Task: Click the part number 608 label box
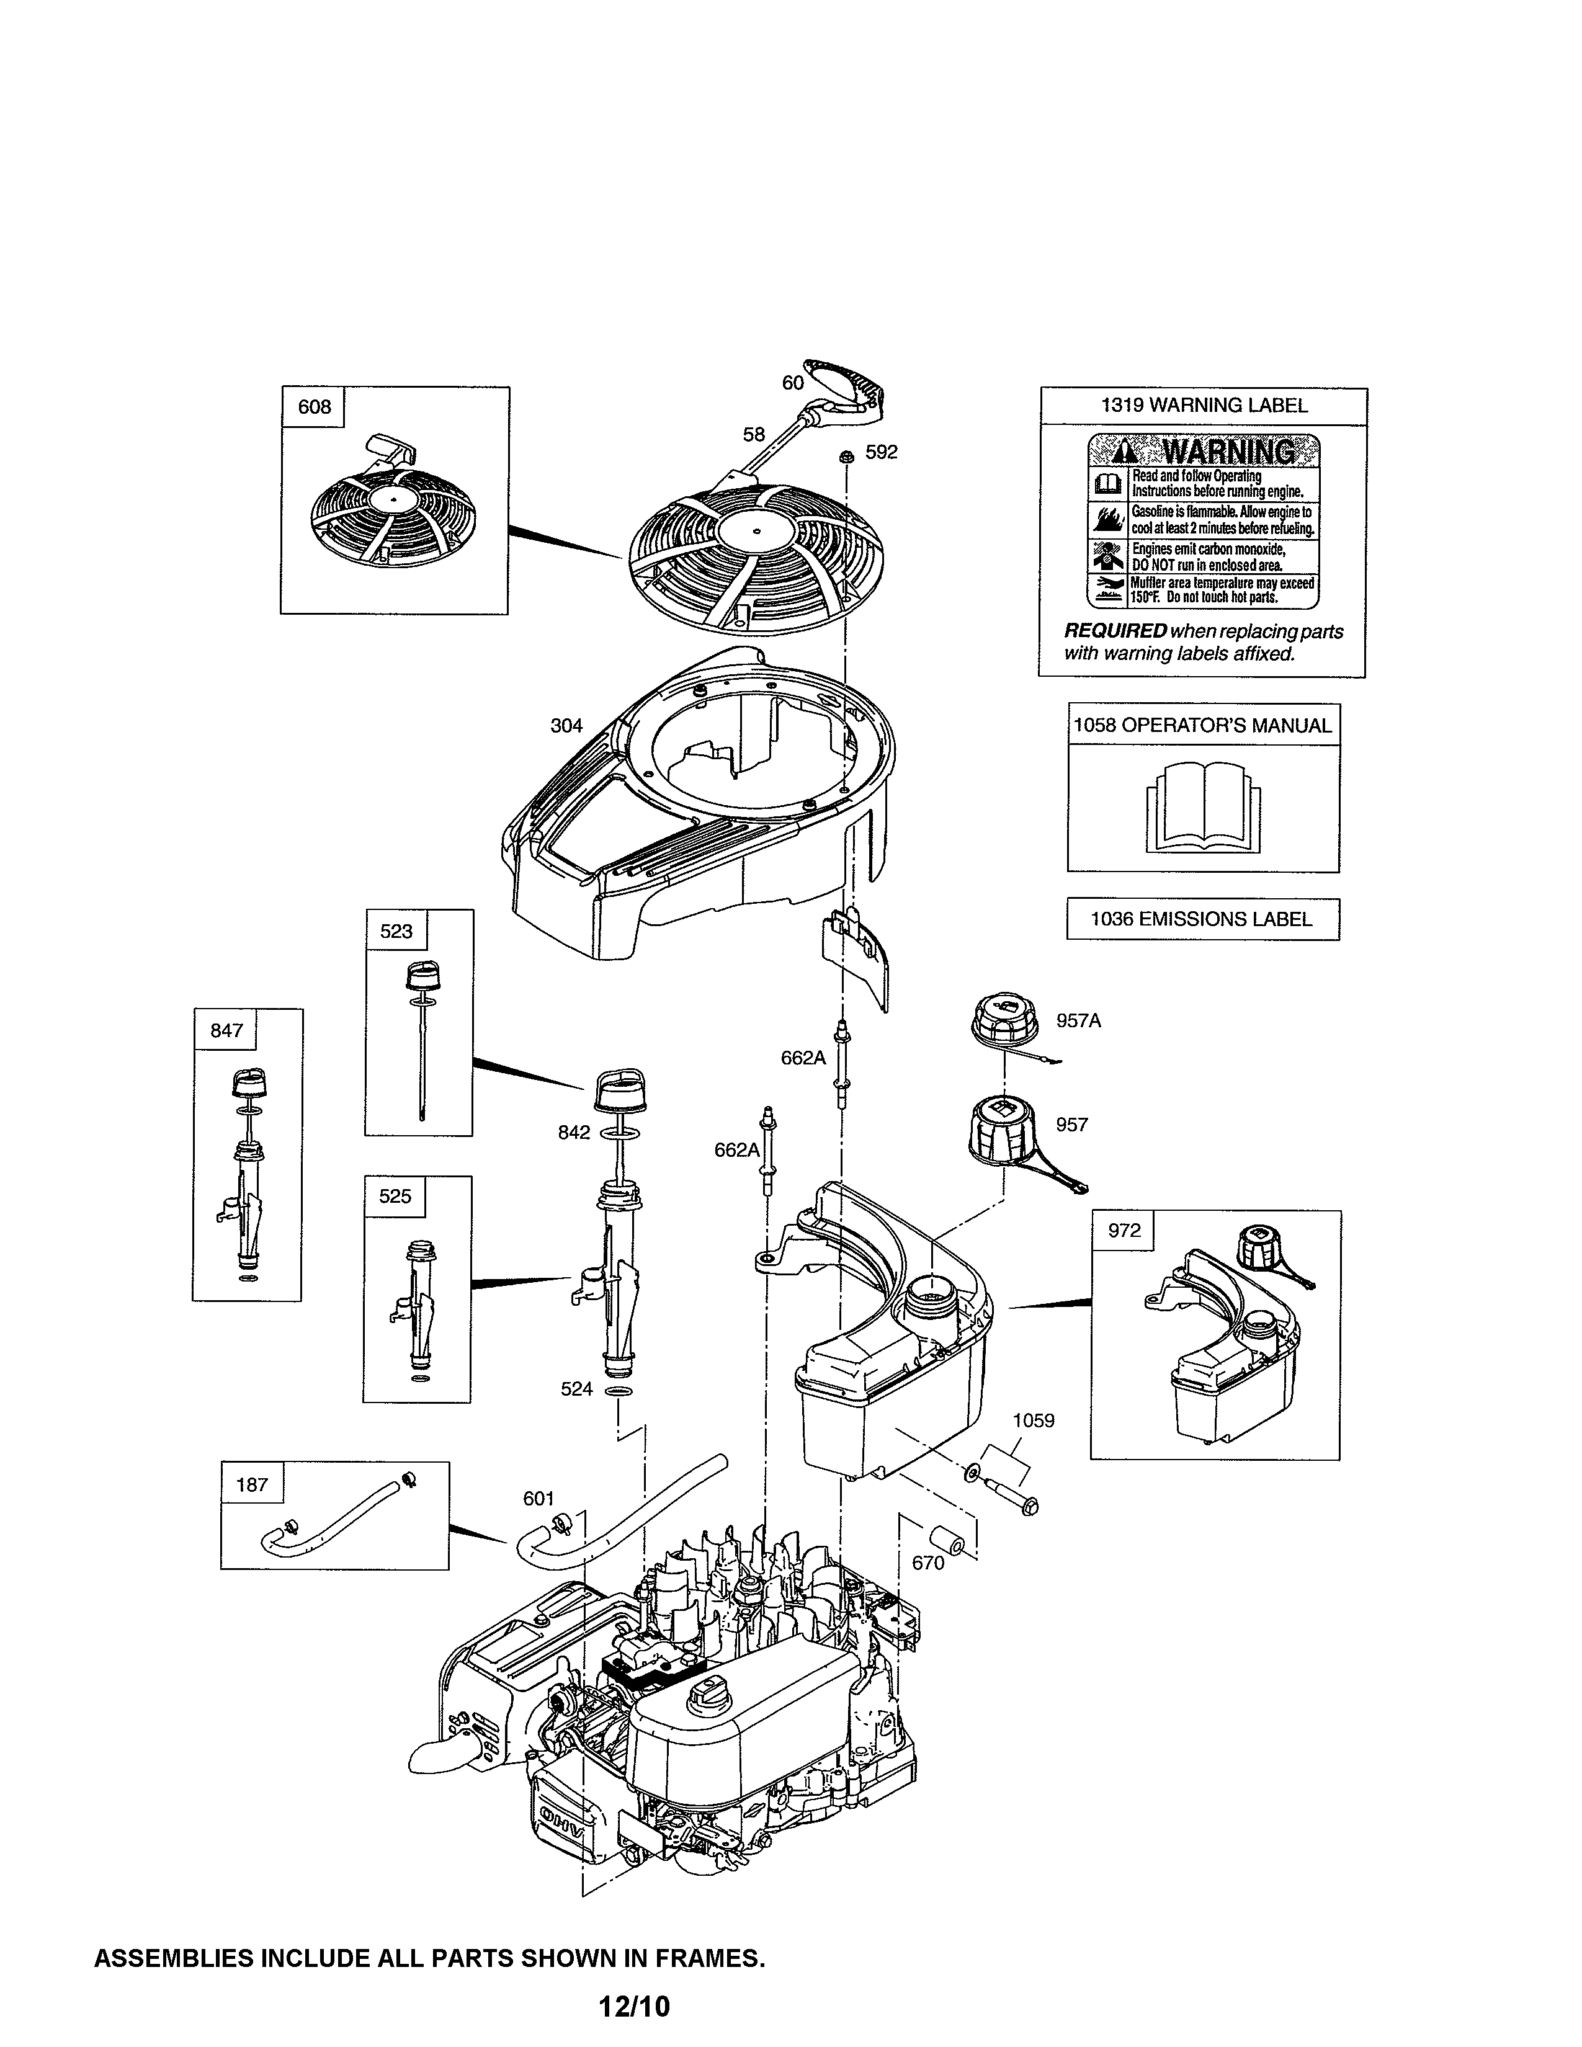[x=314, y=407]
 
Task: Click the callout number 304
[x=566, y=726]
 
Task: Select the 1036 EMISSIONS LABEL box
[x=1202, y=919]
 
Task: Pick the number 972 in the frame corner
[x=1124, y=1231]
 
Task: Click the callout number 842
[x=574, y=1132]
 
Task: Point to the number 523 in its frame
[x=396, y=930]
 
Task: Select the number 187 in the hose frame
[x=252, y=1484]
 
